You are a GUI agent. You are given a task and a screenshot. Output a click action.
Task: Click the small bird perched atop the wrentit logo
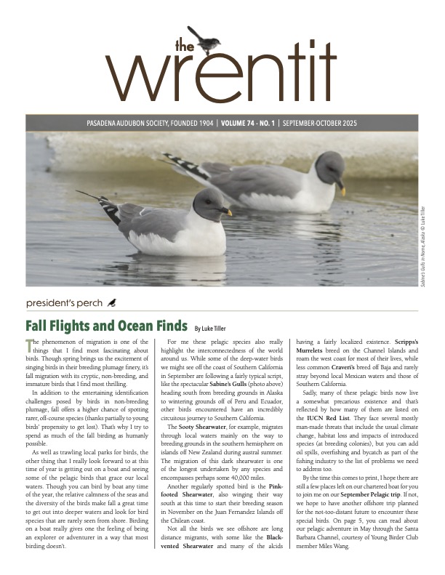(x=201, y=40)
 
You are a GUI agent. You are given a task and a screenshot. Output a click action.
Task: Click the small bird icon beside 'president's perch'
(x=111, y=301)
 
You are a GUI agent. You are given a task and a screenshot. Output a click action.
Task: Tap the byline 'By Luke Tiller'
(x=217, y=328)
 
